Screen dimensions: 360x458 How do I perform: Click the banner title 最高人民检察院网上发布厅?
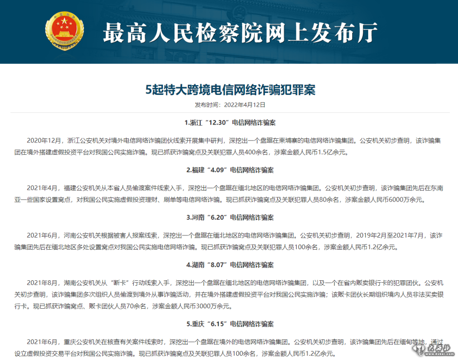tap(240, 33)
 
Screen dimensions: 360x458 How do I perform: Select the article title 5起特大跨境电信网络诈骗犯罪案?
tap(230, 89)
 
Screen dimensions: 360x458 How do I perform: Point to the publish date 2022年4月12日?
tap(245, 105)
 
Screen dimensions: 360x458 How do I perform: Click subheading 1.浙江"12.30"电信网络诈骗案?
tap(230, 123)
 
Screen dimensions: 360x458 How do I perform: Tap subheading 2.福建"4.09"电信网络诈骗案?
tap(230, 170)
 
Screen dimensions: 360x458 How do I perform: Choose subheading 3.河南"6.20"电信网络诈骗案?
tap(230, 217)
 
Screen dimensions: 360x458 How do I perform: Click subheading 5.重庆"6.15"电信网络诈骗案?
tap(230, 324)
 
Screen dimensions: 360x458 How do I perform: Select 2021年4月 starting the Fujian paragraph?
tap(43, 187)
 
